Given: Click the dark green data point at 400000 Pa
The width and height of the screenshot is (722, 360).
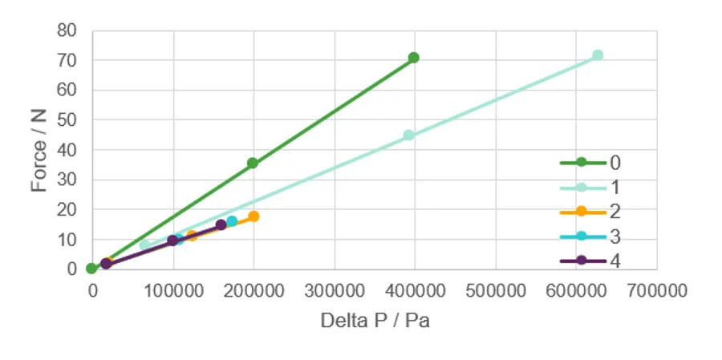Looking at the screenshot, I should pos(413,58).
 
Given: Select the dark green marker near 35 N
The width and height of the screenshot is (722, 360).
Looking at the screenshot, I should pos(253,163).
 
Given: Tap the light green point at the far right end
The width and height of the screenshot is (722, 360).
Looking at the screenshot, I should pos(598,55).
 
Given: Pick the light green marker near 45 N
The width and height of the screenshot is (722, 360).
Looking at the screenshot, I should pos(408,136).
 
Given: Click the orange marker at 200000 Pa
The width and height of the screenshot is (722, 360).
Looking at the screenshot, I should pos(254,216).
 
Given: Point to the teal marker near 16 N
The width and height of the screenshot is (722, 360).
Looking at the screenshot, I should pos(232,221).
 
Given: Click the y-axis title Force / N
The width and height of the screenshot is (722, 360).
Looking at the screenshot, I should pos(39,150).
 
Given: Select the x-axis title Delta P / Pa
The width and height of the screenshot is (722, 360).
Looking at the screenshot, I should pos(375,321).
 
